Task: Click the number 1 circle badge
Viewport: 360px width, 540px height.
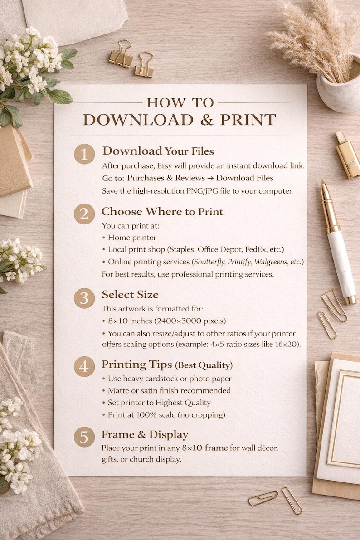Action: (84, 155)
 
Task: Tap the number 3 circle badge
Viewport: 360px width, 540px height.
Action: (84, 298)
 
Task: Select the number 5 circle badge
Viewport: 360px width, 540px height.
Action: (84, 438)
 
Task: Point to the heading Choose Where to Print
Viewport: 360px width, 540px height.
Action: (162, 212)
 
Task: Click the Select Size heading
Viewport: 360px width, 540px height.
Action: (130, 295)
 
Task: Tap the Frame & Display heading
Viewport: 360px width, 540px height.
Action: (145, 434)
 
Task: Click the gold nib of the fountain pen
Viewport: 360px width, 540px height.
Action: (325, 191)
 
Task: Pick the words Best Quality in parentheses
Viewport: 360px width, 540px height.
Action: (205, 365)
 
